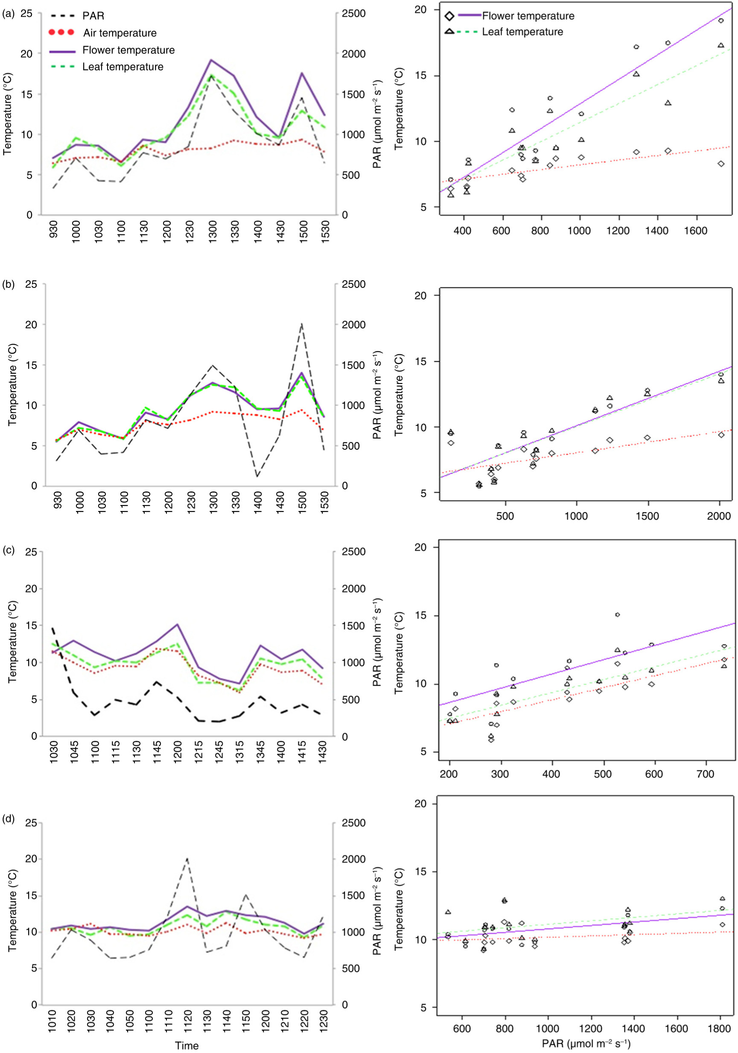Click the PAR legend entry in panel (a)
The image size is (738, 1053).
click(93, 16)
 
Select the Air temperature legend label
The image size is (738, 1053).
click(120, 33)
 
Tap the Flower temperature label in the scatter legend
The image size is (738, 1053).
click(528, 16)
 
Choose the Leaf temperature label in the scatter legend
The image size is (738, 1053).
click(522, 32)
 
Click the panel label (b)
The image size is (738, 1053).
click(8, 284)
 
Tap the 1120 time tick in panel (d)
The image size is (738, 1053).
click(187, 1020)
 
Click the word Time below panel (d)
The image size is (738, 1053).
click(187, 1045)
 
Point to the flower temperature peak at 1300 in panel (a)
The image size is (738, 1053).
click(211, 60)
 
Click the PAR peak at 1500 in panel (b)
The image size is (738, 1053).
click(301, 324)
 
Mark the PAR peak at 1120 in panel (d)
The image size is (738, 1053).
click(187, 859)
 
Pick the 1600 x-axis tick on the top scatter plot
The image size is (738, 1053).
click(695, 231)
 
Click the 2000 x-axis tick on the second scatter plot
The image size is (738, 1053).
click(718, 516)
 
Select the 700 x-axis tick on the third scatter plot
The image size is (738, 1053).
click(705, 774)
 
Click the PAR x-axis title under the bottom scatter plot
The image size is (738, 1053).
click(586, 1044)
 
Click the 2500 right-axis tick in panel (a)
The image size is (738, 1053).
click(353, 13)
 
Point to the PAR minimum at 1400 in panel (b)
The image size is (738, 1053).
click(257, 477)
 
